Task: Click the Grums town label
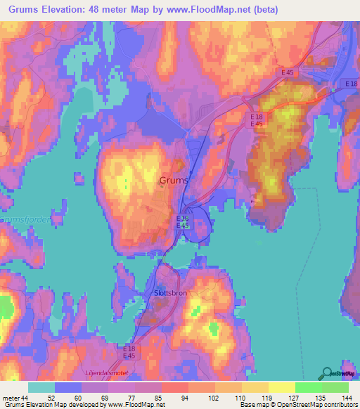[174, 181]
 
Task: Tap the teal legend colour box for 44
[41, 388]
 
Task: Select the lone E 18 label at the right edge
[352, 84]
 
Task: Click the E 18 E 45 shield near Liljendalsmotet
[129, 352]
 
